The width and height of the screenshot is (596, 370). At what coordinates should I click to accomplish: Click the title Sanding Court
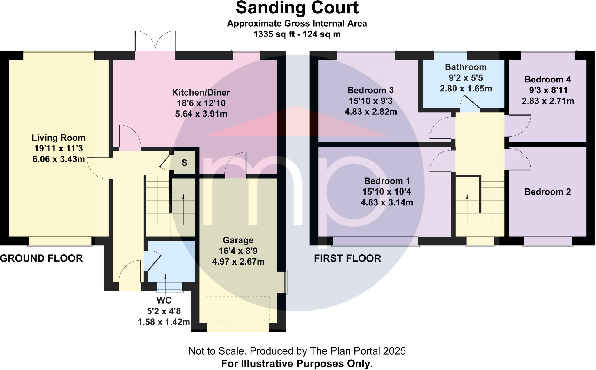297,8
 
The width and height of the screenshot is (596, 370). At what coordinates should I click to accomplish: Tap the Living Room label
58,138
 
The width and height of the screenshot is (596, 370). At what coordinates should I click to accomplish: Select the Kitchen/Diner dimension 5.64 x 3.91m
201,114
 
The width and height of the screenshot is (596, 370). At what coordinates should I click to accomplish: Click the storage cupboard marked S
184,163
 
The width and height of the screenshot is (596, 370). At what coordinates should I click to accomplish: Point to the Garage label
238,240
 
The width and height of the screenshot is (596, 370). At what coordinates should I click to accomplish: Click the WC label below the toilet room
164,300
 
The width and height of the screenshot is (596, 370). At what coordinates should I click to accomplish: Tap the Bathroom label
466,67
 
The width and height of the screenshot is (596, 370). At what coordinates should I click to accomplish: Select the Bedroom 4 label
547,80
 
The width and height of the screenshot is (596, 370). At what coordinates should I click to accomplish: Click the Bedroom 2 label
547,192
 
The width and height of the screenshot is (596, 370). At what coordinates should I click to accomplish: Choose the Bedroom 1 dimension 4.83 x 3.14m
387,202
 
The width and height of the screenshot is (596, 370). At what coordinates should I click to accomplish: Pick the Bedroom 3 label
370,90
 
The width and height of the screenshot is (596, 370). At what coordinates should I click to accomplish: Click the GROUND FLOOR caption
41,258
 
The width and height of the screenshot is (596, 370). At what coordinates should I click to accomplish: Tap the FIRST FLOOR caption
347,258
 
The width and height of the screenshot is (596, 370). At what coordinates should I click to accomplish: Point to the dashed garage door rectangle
238,309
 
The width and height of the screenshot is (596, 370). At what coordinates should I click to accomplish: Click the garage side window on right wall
282,282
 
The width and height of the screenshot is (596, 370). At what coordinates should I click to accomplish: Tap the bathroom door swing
469,104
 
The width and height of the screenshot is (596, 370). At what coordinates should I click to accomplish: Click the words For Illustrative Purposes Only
297,364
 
